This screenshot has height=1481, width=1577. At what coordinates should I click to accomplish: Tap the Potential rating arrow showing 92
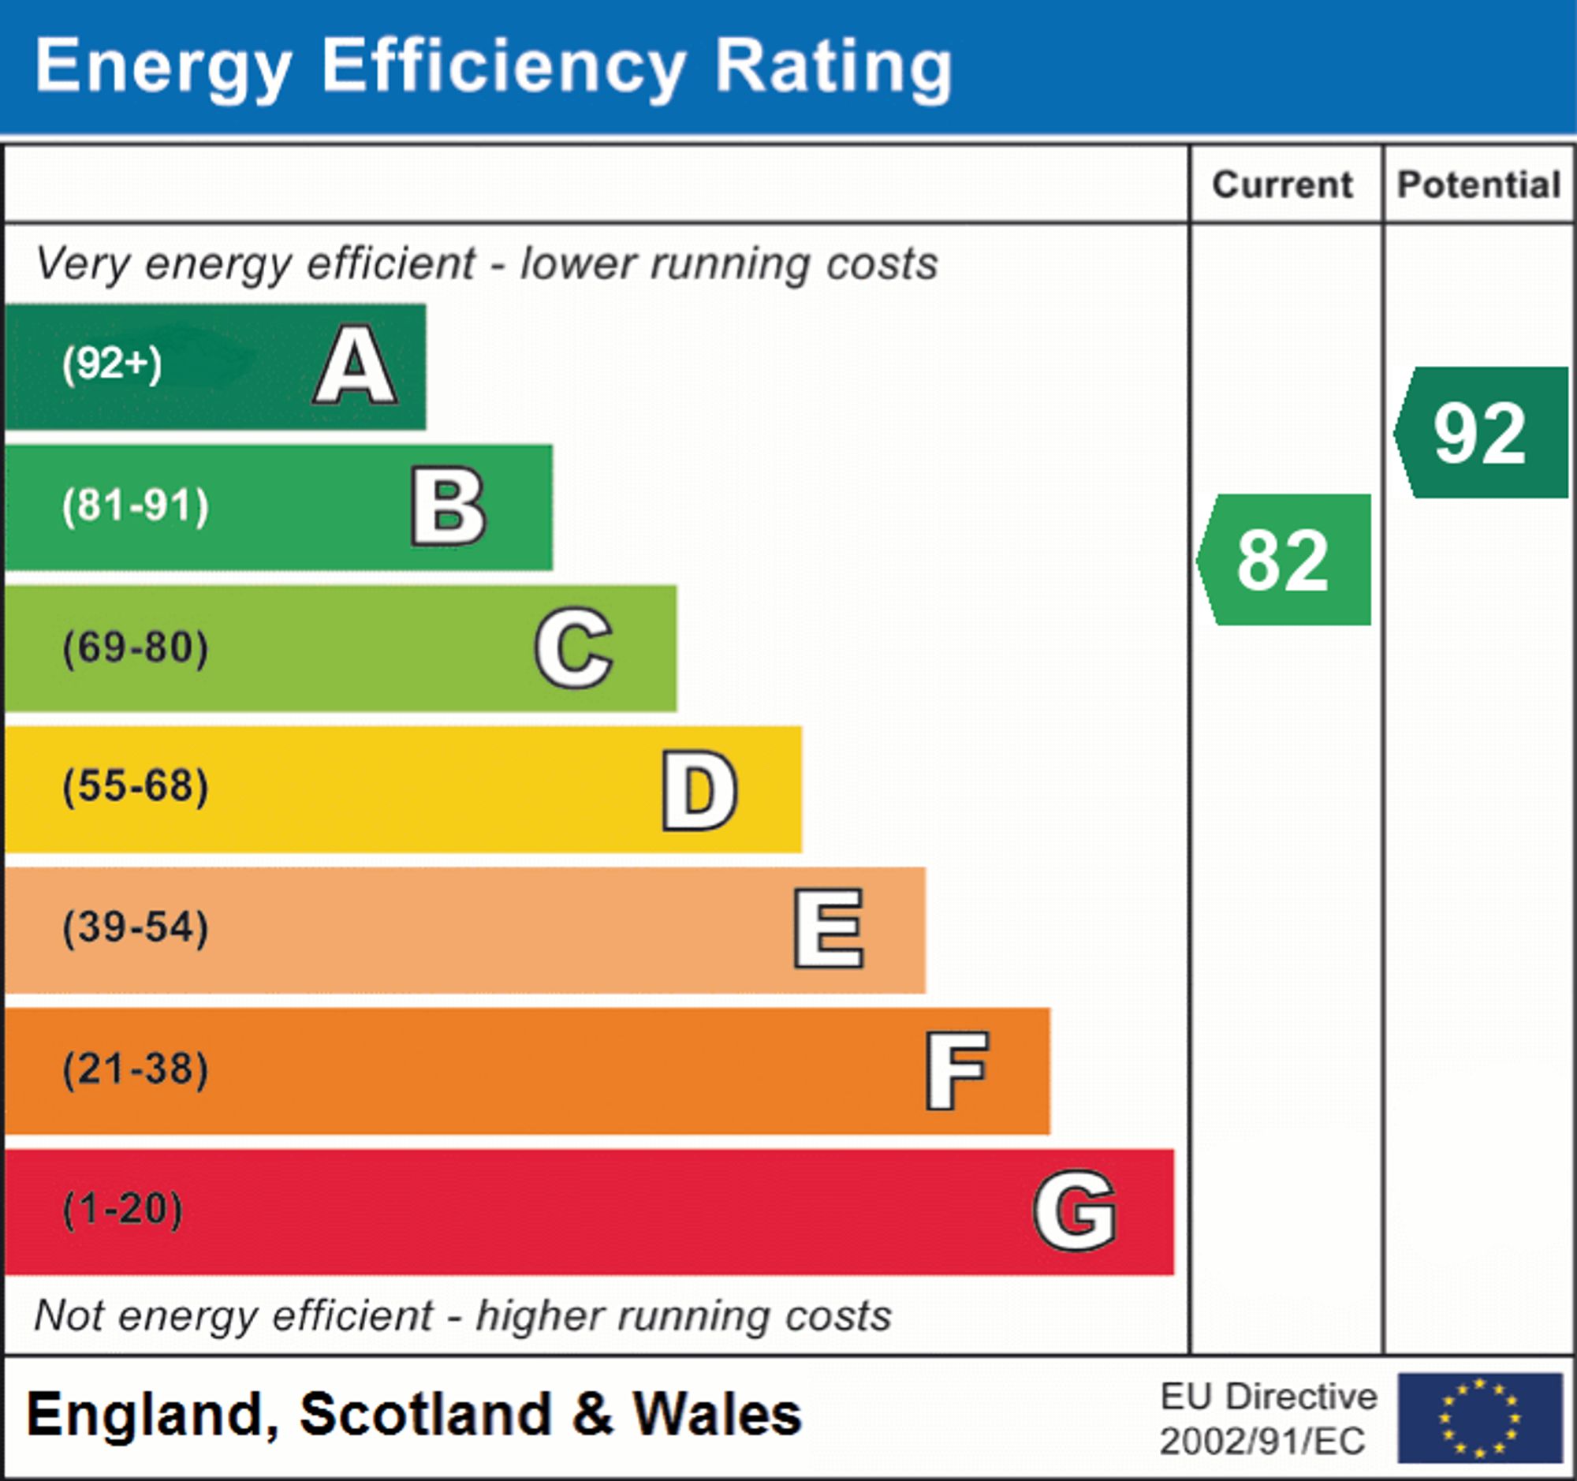pyautogui.click(x=1481, y=433)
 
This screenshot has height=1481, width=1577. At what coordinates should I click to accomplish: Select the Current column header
pyautogui.click(x=1283, y=185)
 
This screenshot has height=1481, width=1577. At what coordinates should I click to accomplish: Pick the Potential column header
pyautogui.click(x=1478, y=185)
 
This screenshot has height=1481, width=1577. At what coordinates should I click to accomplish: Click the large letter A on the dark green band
pyautogui.click(x=356, y=366)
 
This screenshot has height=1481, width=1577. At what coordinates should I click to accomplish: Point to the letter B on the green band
pyautogui.click(x=448, y=507)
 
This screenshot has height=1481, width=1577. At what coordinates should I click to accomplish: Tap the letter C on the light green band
pyautogui.click(x=573, y=648)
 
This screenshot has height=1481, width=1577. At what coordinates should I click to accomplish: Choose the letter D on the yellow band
pyautogui.click(x=699, y=790)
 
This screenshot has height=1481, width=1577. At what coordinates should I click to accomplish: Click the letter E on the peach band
pyautogui.click(x=828, y=929)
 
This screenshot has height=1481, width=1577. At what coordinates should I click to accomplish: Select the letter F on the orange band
pyautogui.click(x=956, y=1071)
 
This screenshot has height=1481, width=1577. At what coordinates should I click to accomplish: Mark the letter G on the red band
pyautogui.click(x=1075, y=1211)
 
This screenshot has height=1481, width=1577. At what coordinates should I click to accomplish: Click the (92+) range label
pyautogui.click(x=112, y=365)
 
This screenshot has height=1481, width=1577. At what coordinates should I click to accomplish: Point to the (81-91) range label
pyautogui.click(x=136, y=506)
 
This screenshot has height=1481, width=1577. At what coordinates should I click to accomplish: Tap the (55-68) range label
pyautogui.click(x=136, y=787)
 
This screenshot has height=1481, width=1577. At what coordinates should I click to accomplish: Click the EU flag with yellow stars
pyautogui.click(x=1479, y=1418)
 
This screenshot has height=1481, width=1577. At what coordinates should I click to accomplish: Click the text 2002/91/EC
pyautogui.click(x=1262, y=1442)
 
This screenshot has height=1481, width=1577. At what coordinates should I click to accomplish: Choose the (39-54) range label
pyautogui.click(x=136, y=928)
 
